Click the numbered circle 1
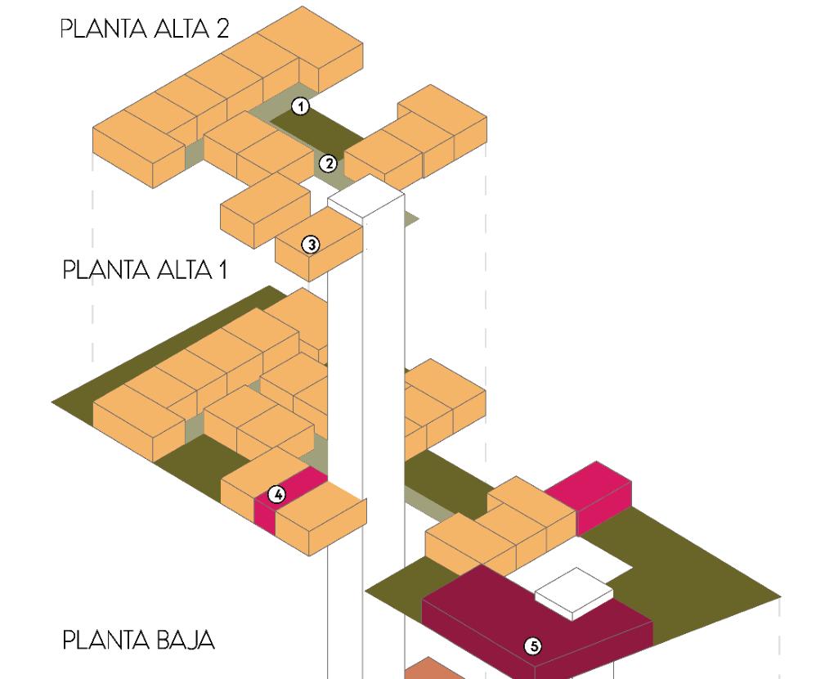(x=301, y=106)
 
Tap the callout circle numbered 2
(x=328, y=163)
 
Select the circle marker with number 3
(x=310, y=244)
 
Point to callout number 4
(x=278, y=494)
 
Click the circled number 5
(x=532, y=646)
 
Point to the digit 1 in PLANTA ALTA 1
(x=222, y=270)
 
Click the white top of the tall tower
(x=365, y=196)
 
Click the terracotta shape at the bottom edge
(x=433, y=669)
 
